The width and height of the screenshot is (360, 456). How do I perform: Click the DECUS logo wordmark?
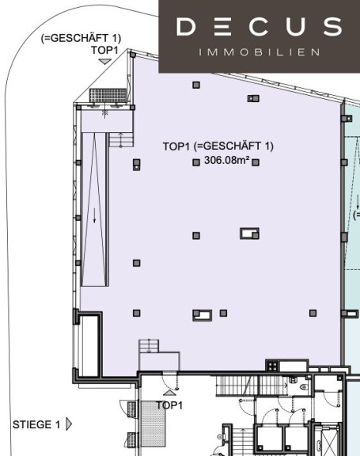coord(259,26)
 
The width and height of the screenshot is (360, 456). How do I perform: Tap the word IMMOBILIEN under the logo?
coord(260,52)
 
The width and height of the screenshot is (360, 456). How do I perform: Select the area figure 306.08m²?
coord(226,160)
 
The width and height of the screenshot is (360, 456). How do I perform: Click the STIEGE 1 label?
coord(36,424)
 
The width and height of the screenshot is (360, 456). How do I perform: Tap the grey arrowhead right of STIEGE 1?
coord(69,424)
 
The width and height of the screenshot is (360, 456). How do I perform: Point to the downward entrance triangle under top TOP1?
coord(105,61)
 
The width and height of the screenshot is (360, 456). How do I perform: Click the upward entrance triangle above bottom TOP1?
coord(169,393)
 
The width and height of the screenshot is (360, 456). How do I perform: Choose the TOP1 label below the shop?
coord(169,405)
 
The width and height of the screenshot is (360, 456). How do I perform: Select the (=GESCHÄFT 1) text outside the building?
coord(81,38)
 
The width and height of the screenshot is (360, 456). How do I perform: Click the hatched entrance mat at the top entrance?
coord(108,95)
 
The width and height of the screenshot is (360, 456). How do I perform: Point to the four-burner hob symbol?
coord(272,366)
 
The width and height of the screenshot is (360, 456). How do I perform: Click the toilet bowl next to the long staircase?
coord(304,387)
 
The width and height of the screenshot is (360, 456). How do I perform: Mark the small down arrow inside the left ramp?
coord(94,215)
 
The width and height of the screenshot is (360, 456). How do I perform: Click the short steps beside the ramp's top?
coord(121,140)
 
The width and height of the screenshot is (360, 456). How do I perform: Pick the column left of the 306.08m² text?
coord(196,162)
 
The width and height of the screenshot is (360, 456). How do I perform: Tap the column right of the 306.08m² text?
coord(256,162)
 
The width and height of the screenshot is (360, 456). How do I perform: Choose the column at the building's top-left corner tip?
coord(132,55)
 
